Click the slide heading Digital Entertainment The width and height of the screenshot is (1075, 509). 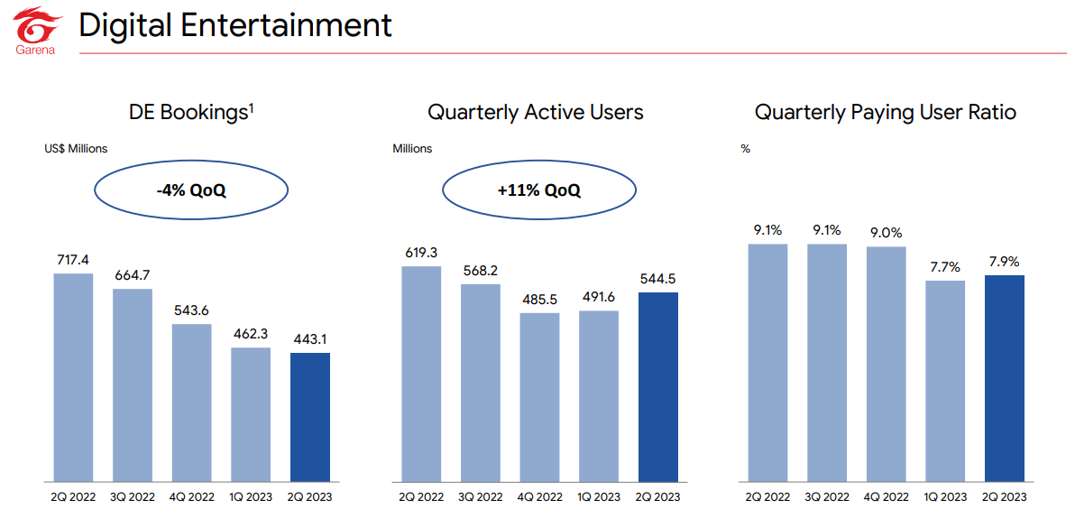click(x=235, y=25)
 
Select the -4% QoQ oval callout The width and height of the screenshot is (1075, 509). click(x=190, y=190)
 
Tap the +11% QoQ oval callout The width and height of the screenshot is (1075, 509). click(x=538, y=190)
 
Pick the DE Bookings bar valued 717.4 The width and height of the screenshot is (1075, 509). click(x=73, y=376)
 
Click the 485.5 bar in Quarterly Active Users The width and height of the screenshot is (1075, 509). click(x=539, y=396)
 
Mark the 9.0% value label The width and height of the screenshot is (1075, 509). click(x=886, y=234)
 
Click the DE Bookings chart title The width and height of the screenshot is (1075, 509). click(x=191, y=113)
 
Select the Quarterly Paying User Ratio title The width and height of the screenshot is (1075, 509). click(x=885, y=113)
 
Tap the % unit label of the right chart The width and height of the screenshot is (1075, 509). click(x=745, y=148)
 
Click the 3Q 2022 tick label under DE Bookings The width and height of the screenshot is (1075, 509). click(x=133, y=497)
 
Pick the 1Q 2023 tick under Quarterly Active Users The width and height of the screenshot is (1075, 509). click(x=598, y=497)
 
